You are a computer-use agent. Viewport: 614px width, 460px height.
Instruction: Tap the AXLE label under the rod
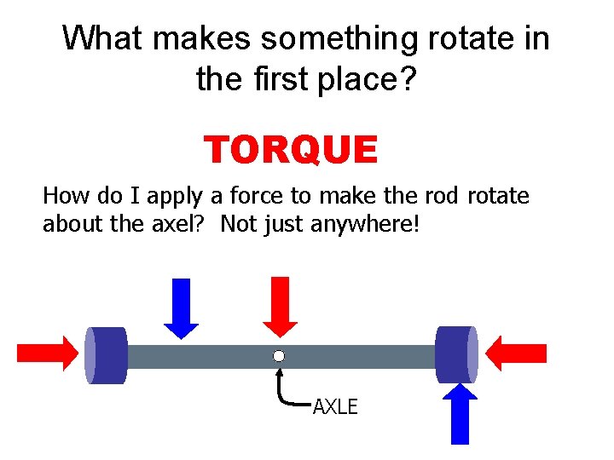[335, 407]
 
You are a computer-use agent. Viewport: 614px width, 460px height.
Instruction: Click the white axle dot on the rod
[279, 356]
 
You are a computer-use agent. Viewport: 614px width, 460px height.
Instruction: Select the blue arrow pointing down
[181, 308]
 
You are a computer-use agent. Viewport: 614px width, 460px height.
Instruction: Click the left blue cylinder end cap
[106, 355]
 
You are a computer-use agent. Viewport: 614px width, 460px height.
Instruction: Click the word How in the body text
[61, 197]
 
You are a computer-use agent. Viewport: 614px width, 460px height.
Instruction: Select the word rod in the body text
[447, 197]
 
